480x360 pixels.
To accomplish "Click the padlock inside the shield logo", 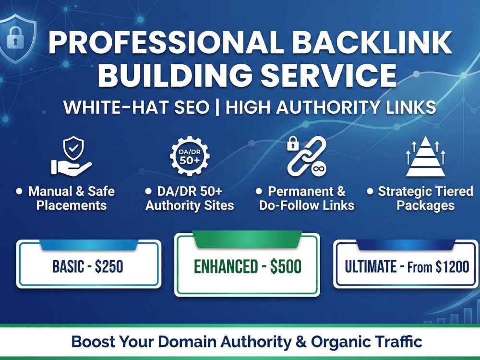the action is pyautogui.click(x=15, y=37).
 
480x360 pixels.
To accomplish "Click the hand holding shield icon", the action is pyautogui.click(x=72, y=156).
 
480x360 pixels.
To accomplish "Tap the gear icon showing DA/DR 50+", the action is pyautogui.click(x=190, y=156).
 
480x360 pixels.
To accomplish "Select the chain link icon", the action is pyautogui.click(x=306, y=156).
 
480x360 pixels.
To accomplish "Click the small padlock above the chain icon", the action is pyautogui.click(x=293, y=143).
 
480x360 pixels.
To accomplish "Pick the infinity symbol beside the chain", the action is pyautogui.click(x=319, y=168).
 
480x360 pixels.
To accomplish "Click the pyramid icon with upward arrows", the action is pyautogui.click(x=425, y=156).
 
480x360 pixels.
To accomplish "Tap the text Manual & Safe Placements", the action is pyautogui.click(x=72, y=198).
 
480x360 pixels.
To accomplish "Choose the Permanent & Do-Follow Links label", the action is pyautogui.click(x=307, y=198).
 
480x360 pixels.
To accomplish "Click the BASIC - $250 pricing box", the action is pyautogui.click(x=88, y=264).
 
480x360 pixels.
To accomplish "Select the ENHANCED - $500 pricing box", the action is pyautogui.click(x=247, y=265).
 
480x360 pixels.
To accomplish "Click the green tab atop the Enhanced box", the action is pyautogui.click(x=247, y=239).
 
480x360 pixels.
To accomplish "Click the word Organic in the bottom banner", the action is pyautogui.click(x=340, y=342).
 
